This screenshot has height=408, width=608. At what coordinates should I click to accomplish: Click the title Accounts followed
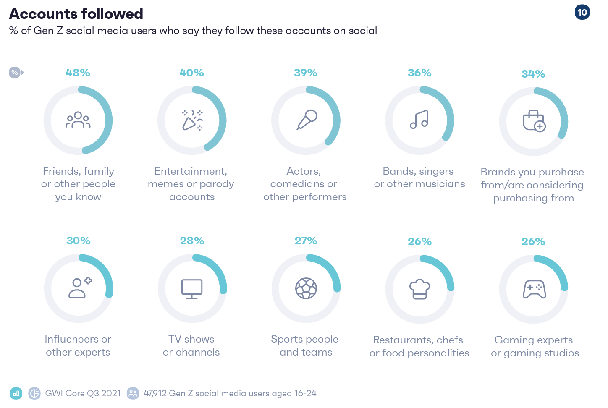point(76,14)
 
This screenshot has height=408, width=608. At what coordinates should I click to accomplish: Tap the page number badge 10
point(582,12)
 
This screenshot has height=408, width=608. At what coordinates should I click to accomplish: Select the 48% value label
point(78,73)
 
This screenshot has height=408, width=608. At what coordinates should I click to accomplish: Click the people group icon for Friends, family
point(78,120)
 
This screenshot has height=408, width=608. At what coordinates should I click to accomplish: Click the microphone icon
point(307,120)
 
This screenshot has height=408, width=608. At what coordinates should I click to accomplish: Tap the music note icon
point(419,120)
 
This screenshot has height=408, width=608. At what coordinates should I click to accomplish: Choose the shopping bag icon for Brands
point(534,121)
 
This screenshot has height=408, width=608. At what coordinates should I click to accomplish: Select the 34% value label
point(533,74)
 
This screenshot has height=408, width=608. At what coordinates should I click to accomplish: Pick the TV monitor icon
point(192,289)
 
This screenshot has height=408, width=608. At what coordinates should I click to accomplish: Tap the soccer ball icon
point(306,288)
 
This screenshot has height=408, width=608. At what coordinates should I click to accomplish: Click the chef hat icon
point(420,289)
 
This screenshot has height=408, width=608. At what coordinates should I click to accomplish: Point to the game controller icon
point(534,289)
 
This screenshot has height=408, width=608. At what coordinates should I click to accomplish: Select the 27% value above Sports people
point(306,241)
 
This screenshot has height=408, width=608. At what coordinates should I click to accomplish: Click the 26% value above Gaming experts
point(533,241)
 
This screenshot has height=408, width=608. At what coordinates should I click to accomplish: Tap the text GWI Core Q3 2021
point(83,393)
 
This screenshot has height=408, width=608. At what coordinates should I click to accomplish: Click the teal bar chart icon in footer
point(16,393)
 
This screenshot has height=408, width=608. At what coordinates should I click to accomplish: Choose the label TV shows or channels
point(191,345)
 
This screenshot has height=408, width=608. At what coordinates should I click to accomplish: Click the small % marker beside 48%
point(15,73)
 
